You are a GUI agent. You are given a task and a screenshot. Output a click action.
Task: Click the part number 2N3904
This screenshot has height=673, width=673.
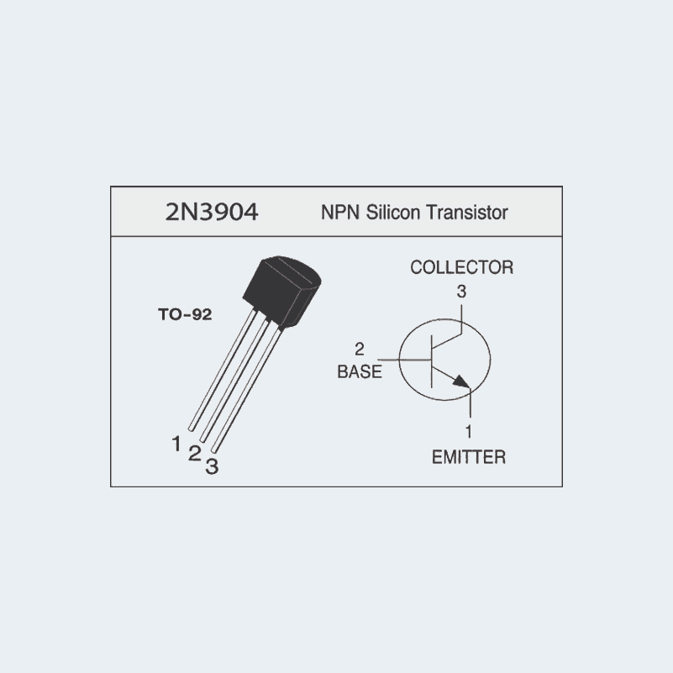(212, 212)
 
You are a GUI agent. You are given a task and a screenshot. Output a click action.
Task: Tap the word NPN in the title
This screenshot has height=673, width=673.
(340, 213)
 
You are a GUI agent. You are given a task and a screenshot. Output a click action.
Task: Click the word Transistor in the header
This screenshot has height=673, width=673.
(467, 212)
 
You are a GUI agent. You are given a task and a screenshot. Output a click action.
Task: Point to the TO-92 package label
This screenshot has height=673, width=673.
(185, 314)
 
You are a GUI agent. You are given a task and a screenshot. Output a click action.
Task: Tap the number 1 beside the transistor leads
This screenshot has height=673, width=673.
(176, 444)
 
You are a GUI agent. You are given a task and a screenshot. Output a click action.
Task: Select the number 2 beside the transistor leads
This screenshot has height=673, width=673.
(194, 454)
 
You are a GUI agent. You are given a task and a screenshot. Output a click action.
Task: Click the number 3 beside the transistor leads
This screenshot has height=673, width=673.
(212, 466)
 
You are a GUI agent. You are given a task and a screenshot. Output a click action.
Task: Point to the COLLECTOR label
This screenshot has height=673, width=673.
(462, 267)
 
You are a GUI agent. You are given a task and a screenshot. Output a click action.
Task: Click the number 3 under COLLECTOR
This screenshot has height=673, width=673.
(461, 292)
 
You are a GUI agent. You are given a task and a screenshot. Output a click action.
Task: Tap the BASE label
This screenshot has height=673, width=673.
(360, 371)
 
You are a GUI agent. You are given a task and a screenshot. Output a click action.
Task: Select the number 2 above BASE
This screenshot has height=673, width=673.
(360, 349)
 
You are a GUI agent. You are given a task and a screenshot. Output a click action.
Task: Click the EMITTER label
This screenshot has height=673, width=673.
(469, 457)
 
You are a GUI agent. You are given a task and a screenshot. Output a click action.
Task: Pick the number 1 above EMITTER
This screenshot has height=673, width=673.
(469, 431)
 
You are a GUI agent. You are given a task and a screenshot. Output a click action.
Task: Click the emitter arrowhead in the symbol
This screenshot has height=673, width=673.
(462, 381)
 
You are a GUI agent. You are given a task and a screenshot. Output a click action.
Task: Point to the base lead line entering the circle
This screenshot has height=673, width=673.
(404, 360)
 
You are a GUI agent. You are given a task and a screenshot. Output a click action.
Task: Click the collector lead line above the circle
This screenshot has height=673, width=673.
(461, 319)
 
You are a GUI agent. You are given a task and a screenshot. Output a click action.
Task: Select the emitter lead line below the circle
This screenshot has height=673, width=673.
(471, 402)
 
